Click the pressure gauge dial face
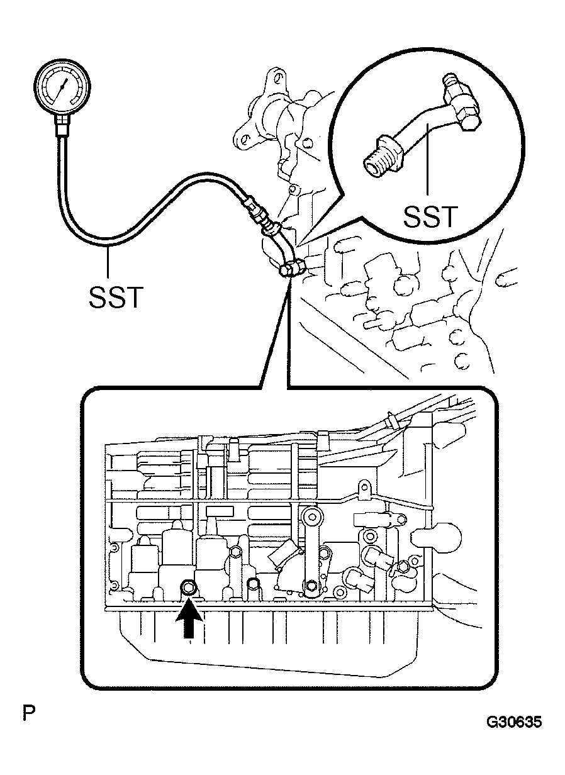[x=62, y=87]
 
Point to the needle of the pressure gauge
[x=62, y=87]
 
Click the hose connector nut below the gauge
[x=62, y=125]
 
